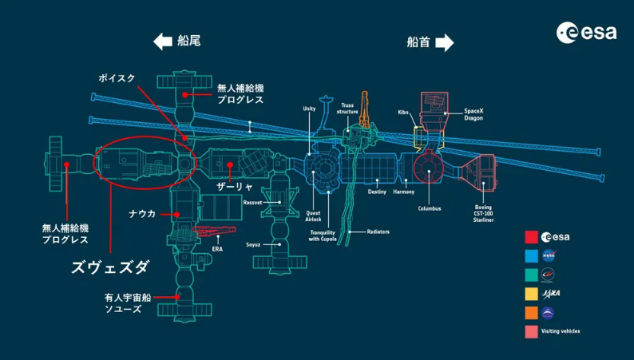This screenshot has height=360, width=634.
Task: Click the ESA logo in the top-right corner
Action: pyautogui.click(x=586, y=32)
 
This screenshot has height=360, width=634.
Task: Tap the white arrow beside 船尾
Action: pyautogui.click(x=163, y=42)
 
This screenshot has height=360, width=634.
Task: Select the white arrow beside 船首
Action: pyautogui.click(x=445, y=42)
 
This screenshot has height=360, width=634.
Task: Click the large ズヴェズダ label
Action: pyautogui.click(x=110, y=267)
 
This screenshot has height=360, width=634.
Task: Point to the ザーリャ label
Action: pyautogui.click(x=235, y=187)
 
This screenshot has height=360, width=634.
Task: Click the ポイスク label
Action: pyautogui.click(x=117, y=78)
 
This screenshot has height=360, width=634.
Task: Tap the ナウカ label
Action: pyautogui.click(x=142, y=213)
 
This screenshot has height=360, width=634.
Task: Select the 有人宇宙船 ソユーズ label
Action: pyautogui.click(x=128, y=303)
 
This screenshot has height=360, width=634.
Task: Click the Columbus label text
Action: pyautogui.click(x=430, y=208)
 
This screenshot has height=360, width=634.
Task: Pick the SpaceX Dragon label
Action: pyautogui.click(x=474, y=114)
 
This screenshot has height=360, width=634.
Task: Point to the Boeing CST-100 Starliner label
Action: pyautogui.click(x=483, y=213)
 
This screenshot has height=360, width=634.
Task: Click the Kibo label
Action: pyautogui.click(x=403, y=113)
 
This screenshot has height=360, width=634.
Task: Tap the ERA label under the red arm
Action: pyautogui.click(x=217, y=249)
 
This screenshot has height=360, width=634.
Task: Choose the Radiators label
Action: pyautogui.click(x=378, y=232)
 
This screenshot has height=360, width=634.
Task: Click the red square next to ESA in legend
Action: pyautogui.click(x=531, y=237)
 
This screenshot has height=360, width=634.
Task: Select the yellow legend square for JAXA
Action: pyautogui.click(x=531, y=294)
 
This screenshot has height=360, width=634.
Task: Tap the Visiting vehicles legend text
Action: pyautogui.click(x=561, y=331)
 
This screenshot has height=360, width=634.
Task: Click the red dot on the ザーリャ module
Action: pyautogui.click(x=230, y=165)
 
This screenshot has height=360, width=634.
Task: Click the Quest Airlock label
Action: pyautogui.click(x=313, y=216)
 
